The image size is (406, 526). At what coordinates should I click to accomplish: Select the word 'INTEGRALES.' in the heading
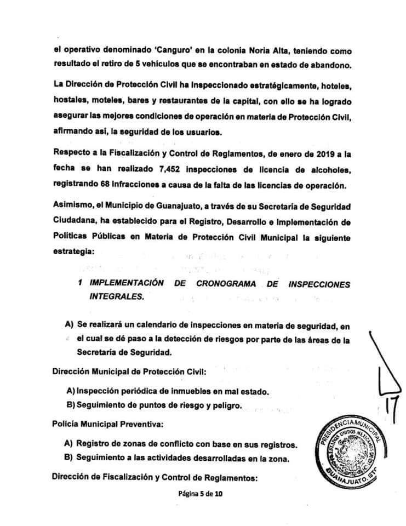click(118, 296)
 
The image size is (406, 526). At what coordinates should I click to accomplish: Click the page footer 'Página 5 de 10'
click(201, 494)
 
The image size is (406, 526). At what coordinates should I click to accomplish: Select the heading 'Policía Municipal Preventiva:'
click(102, 424)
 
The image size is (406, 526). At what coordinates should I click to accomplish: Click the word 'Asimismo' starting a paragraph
click(72, 207)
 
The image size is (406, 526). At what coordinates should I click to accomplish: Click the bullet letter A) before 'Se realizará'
click(69, 324)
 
